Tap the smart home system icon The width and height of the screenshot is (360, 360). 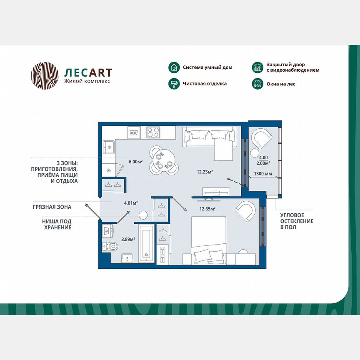click(174, 67)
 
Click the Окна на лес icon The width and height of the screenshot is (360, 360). click(257, 84)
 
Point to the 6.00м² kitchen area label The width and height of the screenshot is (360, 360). click(136, 162)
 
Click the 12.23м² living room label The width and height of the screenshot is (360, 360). click(205, 171)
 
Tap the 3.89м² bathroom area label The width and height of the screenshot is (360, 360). click(128, 240)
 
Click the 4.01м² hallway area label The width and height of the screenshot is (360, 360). click(131, 203)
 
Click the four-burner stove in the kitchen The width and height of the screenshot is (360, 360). click(153, 132)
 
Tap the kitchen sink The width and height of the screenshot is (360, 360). click(109, 147)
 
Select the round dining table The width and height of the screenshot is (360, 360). click(160, 159)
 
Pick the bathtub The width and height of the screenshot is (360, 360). click(145, 243)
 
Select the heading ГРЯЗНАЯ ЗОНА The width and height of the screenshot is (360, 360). click(52, 207)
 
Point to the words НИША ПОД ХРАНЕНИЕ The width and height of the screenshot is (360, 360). click(57, 224)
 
